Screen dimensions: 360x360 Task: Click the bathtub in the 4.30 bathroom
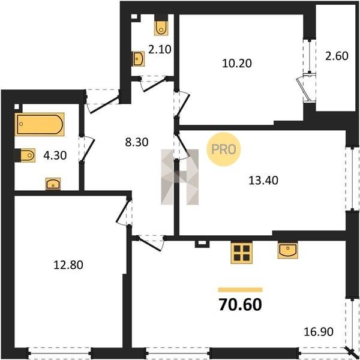pos(40,124)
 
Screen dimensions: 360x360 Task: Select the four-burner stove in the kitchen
pos(242,253)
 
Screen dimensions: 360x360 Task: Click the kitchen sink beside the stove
pos(287,250)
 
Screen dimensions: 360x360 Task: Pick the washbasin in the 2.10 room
pos(138,59)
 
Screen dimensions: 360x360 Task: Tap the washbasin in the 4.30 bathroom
pos(53,184)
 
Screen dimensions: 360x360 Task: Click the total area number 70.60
pos(240,304)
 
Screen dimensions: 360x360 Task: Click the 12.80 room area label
pos(68,265)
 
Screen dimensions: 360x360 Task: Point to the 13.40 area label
pos(263,180)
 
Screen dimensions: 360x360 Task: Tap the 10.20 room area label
pos(237,63)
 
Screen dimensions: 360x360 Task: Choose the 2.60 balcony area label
pos(337,56)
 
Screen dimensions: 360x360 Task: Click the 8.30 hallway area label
pos(137,142)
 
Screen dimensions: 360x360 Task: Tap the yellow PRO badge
pos(223,149)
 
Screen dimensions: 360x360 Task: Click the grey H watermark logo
pos(180,177)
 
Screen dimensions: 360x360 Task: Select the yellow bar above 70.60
pos(240,290)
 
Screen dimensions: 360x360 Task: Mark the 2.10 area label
pos(160,49)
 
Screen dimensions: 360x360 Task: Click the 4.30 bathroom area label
pos(55,155)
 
